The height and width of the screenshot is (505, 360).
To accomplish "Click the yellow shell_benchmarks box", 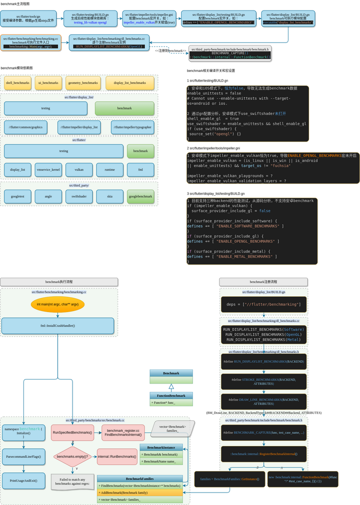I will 17,83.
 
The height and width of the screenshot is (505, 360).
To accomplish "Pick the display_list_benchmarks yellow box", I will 129,83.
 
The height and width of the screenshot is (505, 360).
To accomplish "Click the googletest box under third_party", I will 17,196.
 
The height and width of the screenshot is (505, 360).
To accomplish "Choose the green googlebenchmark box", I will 140,196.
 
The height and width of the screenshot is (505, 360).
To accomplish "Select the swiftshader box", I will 79,196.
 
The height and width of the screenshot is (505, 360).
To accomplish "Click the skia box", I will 109,196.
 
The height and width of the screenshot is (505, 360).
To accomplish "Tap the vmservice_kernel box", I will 48,170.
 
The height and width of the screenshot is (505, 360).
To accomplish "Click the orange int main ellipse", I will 57,304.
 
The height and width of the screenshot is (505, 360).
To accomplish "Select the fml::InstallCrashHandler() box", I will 57,326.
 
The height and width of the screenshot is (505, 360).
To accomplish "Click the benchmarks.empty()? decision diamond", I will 73,456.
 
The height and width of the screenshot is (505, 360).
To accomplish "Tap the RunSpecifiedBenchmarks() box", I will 72,432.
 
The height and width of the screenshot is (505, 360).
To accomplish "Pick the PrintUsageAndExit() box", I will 23,480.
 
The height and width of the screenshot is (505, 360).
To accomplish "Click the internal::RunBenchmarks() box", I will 117,456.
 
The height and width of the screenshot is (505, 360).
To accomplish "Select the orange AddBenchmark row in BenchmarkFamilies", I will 140,492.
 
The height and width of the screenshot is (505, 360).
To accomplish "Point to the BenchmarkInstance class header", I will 161,447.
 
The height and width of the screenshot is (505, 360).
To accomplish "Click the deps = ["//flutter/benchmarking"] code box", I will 263,304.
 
